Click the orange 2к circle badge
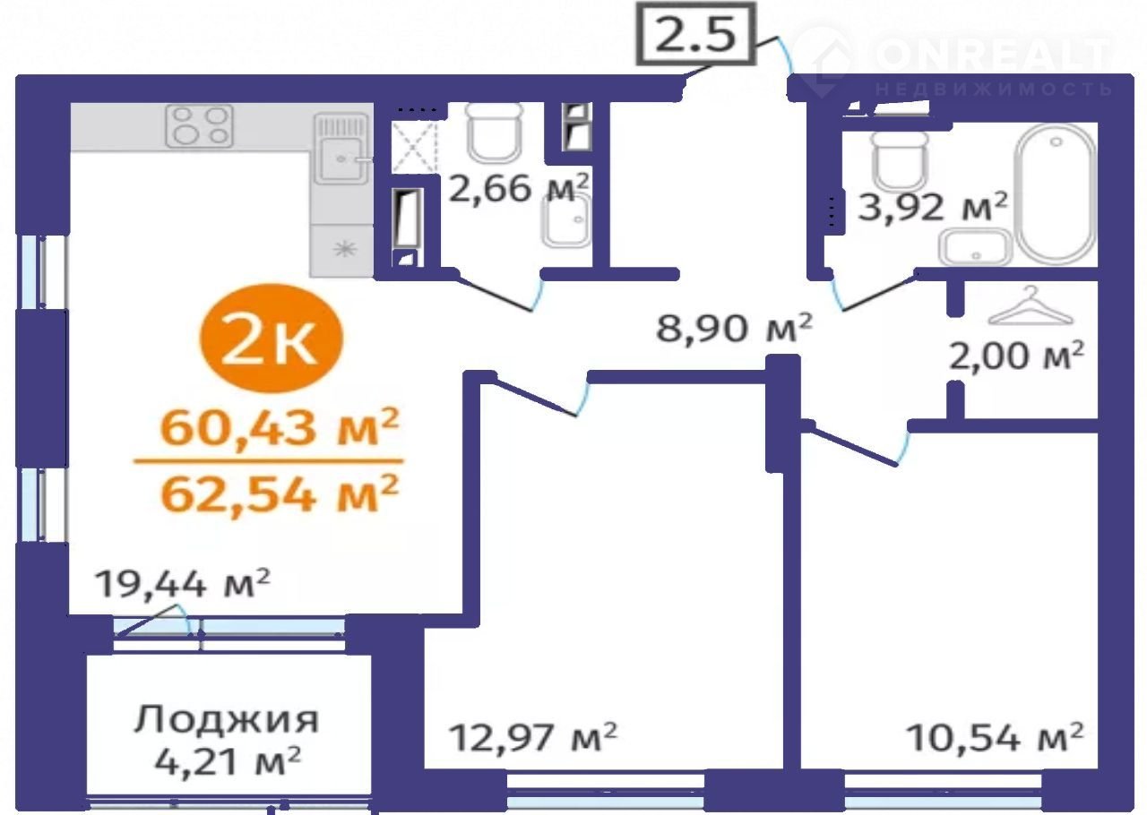point(271,339)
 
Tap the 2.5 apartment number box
point(695,35)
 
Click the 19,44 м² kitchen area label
point(183,584)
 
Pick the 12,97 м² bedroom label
point(533,738)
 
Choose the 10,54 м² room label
point(995,738)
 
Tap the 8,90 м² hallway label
point(734,328)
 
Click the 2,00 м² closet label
point(1016,356)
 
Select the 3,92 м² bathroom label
point(933,206)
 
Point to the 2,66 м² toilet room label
point(518,187)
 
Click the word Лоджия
point(227,720)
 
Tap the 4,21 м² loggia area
point(228,761)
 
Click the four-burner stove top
point(199,126)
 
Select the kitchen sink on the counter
point(341,149)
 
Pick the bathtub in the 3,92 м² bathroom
point(1056,194)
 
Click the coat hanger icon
point(1031,306)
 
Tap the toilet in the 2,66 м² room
point(495,133)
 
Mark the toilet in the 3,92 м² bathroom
point(899,162)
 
